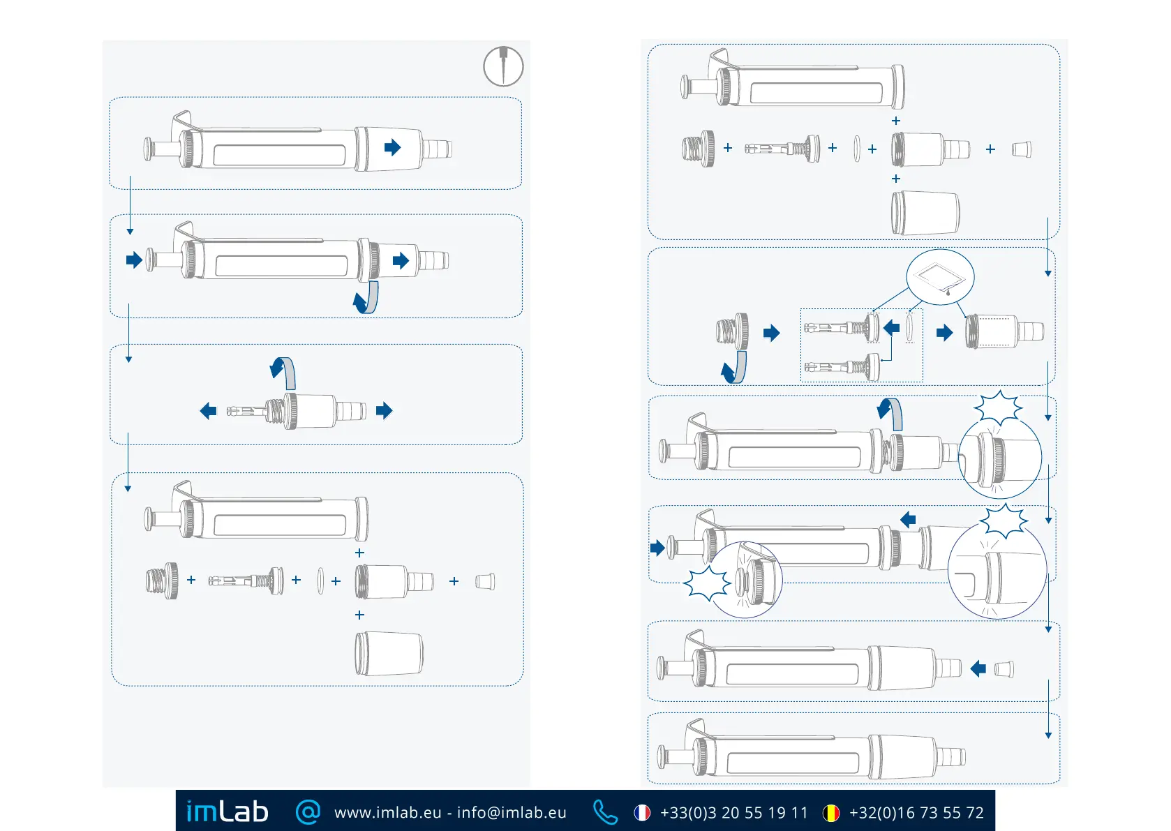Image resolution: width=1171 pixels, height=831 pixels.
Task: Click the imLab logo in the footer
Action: tap(227, 811)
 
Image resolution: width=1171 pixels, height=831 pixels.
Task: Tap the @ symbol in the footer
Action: tap(308, 811)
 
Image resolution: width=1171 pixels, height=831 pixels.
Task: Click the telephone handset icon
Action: tap(604, 812)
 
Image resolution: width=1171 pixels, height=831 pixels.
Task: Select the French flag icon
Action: tap(642, 813)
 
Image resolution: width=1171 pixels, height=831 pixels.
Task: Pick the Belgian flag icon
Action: tap(831, 813)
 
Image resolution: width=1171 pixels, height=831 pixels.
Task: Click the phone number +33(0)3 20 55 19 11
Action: tap(733, 813)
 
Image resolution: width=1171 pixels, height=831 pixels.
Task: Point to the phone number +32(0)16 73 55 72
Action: tap(916, 813)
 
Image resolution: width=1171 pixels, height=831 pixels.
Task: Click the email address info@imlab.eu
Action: tap(512, 813)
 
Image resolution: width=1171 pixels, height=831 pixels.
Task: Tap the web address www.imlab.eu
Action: tap(387, 813)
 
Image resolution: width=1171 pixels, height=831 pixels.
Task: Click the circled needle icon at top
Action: tap(503, 66)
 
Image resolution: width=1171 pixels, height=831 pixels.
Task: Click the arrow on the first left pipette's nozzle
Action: tap(393, 147)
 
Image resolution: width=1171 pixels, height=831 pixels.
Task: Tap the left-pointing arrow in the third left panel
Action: tap(208, 411)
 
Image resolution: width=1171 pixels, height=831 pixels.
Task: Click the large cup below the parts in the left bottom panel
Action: tap(389, 654)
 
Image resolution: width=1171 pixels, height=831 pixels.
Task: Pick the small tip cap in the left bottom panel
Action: tap(484, 581)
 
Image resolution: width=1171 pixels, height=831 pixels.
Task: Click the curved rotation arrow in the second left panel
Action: tap(367, 298)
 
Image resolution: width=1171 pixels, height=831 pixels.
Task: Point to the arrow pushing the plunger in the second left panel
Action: tap(134, 260)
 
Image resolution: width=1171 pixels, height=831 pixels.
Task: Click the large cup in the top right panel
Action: tap(925, 213)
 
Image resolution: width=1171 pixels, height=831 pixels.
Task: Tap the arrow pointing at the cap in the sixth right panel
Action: tap(978, 669)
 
